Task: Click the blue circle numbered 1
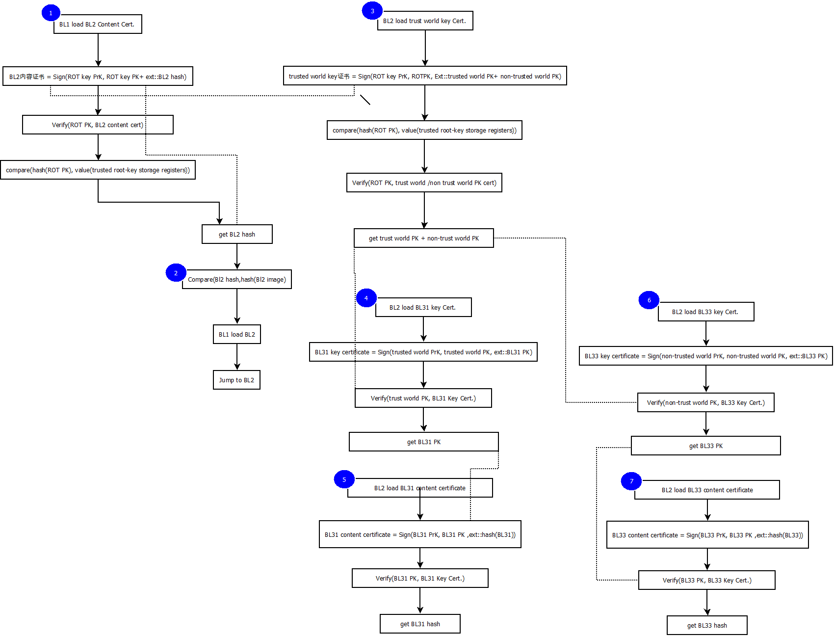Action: (x=51, y=13)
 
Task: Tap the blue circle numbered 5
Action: (x=344, y=479)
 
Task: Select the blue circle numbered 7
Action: (x=631, y=481)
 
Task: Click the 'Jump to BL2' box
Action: (x=236, y=380)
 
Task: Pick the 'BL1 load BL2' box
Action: (x=236, y=334)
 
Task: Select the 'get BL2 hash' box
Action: (x=237, y=234)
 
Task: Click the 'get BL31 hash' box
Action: (x=420, y=624)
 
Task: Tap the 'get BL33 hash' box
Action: (x=707, y=625)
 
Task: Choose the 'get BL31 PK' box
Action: (x=424, y=442)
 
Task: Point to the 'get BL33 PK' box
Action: (x=705, y=446)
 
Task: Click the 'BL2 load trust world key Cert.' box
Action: (x=425, y=21)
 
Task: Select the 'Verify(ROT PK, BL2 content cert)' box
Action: (x=98, y=125)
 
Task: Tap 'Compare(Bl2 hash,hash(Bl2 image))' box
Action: (x=237, y=279)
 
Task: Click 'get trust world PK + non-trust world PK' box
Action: (x=424, y=238)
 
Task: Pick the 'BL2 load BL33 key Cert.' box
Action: (x=705, y=312)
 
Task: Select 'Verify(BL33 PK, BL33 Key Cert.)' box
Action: (x=706, y=580)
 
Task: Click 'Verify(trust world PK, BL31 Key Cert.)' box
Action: (x=423, y=398)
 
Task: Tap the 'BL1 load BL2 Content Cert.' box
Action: (x=98, y=24)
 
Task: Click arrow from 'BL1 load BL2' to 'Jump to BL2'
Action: (x=237, y=357)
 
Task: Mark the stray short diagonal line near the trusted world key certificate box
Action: (x=365, y=100)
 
